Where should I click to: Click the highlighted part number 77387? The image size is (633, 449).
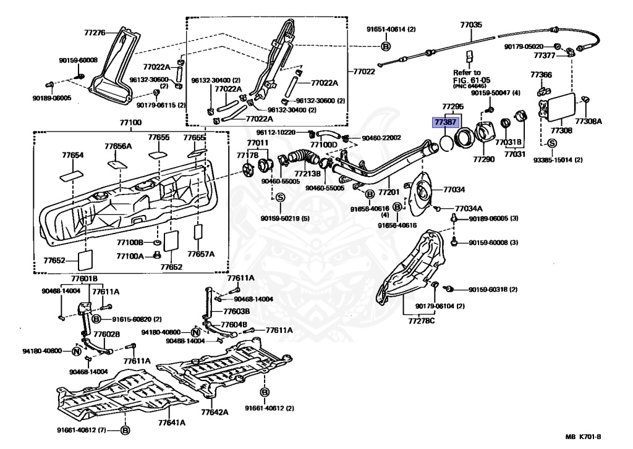coord(445,122)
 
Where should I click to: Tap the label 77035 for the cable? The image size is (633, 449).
coord(470,25)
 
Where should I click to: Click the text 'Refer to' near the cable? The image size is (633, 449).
coord(467,72)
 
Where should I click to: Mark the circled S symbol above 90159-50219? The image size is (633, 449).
coord(279,197)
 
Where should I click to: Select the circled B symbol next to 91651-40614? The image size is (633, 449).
coord(386,46)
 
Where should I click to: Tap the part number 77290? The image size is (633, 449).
coord(484,159)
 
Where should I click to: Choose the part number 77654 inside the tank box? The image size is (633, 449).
coord(72,156)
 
